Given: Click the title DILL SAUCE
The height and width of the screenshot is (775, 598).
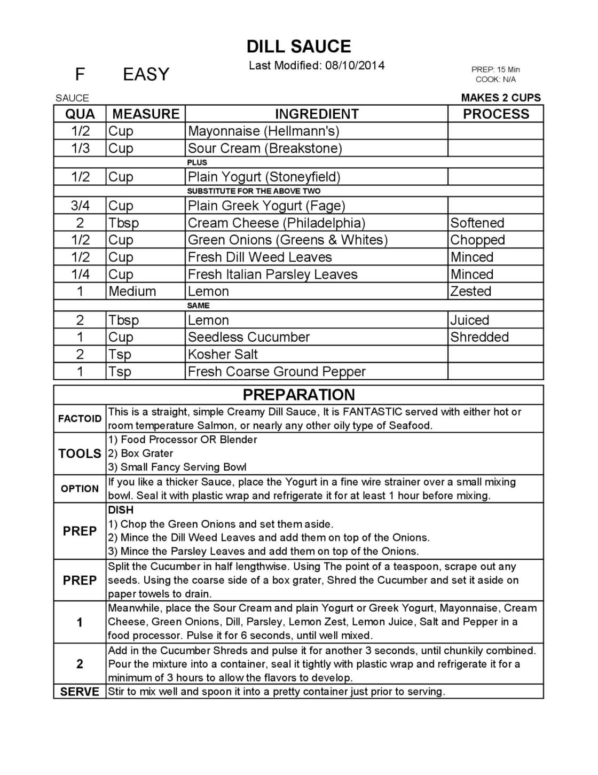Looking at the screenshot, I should tap(298, 46).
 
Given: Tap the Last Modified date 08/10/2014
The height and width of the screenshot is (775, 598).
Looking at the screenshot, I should tap(355, 66).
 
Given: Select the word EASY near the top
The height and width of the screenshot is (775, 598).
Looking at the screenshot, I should tap(146, 74).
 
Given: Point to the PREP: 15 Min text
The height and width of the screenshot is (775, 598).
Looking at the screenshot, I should tap(495, 69).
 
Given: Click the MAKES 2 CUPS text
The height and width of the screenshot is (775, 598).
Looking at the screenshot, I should tap(501, 98).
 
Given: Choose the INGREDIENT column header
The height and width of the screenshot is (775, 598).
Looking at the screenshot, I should tap(317, 114).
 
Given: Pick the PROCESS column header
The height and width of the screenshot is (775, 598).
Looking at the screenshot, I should tap(495, 114).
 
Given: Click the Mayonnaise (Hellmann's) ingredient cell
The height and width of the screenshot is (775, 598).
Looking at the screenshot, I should tap(263, 131).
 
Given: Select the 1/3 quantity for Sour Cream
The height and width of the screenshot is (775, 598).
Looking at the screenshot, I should tap(80, 148).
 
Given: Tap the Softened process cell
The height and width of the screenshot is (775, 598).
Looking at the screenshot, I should tap(477, 223).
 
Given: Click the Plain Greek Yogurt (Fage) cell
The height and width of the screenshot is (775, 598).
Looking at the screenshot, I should tap(266, 206).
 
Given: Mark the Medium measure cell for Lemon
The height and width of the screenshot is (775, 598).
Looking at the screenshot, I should tap(132, 292).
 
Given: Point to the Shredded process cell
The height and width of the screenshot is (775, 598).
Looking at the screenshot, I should tap(479, 337).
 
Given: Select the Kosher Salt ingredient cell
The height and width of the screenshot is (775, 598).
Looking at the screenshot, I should tap(223, 354).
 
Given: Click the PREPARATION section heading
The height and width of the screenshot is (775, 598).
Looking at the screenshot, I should tap(298, 395).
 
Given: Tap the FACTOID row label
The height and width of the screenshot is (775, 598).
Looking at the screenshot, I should tap(80, 419).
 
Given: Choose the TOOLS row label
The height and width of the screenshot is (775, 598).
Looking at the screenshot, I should tap(80, 453).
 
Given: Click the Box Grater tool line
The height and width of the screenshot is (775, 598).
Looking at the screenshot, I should tap(141, 453).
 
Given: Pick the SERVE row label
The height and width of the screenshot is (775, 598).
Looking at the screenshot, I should tap(80, 692).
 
